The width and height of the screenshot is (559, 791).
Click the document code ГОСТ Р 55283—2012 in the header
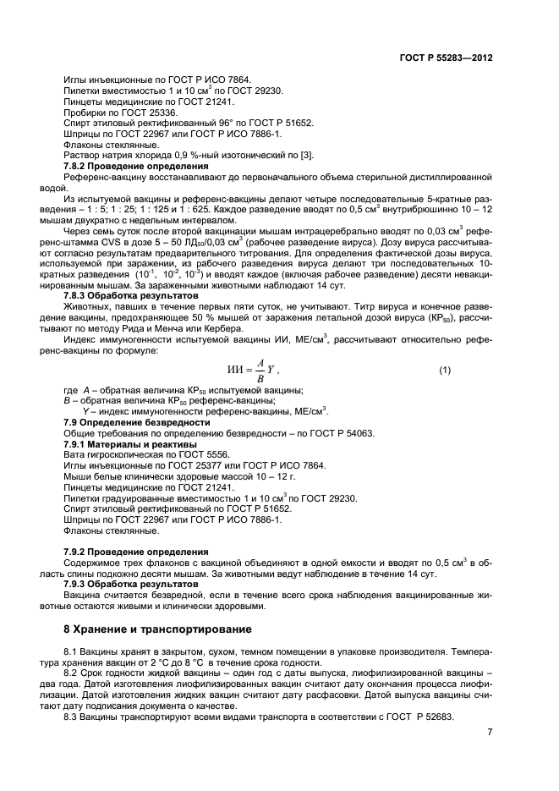pos(446,57)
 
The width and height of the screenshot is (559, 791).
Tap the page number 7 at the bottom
pos(489,733)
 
